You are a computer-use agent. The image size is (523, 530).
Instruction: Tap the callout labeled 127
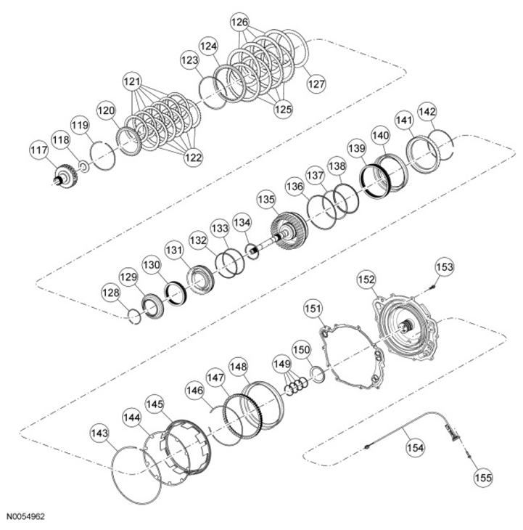click(316, 83)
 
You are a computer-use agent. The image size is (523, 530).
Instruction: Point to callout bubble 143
click(100, 433)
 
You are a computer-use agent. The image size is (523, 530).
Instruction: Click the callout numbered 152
click(366, 279)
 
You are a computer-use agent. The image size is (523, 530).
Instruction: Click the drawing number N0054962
click(26, 517)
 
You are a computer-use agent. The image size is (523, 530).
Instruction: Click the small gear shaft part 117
click(65, 179)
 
